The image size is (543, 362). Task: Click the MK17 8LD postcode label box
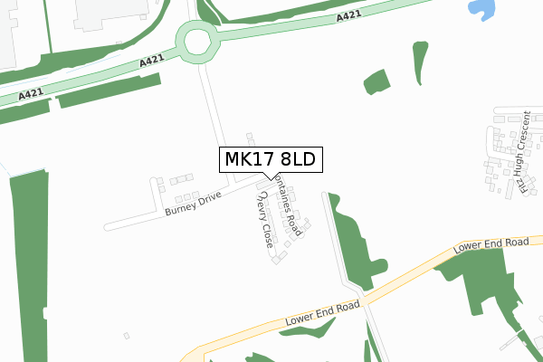click(269, 160)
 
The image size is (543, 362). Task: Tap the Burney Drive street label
click(194, 204)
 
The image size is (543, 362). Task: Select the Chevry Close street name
click(264, 221)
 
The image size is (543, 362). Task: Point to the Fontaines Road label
click(287, 205)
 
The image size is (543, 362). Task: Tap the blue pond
click(483, 10)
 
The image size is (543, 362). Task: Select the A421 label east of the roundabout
click(348, 17)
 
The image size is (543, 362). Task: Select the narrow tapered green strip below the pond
click(419, 62)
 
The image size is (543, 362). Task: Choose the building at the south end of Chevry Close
click(278, 261)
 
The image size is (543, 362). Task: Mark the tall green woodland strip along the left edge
click(29, 262)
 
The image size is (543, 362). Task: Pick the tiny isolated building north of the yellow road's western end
click(127, 336)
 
